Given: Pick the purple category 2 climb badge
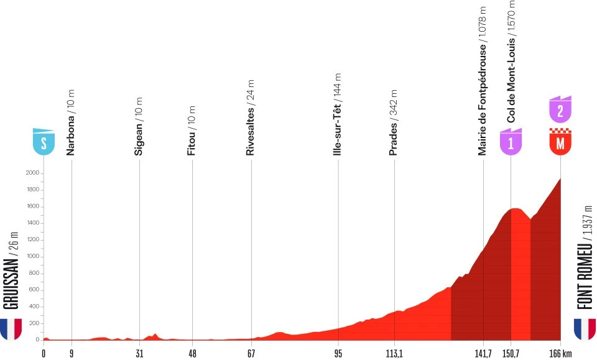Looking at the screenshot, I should [x=560, y=109].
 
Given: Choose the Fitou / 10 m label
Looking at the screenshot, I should [x=192, y=127].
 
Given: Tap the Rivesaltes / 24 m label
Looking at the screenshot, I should [x=251, y=118].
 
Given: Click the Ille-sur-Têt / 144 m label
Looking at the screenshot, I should [x=338, y=118].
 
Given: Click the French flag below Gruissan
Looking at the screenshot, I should [x=11, y=328].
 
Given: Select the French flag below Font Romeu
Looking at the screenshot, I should [x=585, y=328].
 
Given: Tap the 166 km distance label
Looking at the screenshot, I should [x=562, y=353].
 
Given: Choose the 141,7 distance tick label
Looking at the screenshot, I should [x=483, y=353].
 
